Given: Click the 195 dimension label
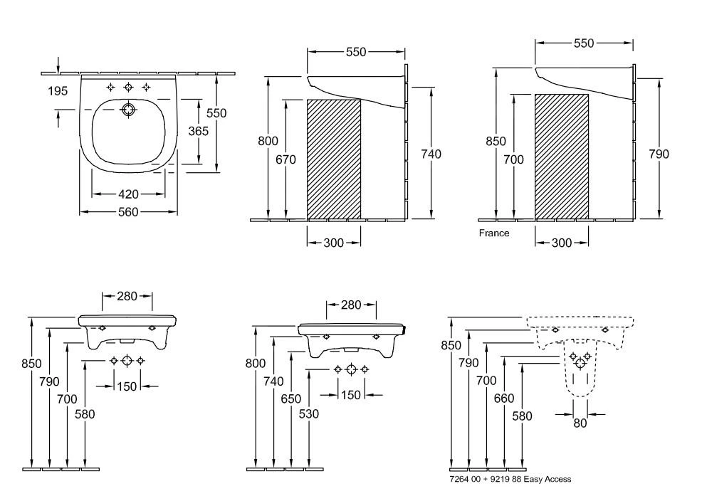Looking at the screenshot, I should [x=58, y=90].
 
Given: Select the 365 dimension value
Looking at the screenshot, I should [x=198, y=131].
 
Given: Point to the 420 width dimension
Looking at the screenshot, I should [x=128, y=194].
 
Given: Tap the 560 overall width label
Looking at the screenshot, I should [x=128, y=212].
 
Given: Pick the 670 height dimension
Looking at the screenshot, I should [x=285, y=160].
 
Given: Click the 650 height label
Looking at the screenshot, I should [x=291, y=399].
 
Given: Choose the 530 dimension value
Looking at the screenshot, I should [x=309, y=413].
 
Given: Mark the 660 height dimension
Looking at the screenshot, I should [x=504, y=399].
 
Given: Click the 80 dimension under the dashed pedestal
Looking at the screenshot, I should [x=581, y=423].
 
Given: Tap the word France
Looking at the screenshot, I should [x=493, y=233].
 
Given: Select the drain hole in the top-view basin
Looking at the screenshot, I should [x=129, y=110].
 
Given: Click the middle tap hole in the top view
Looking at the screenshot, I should [x=129, y=87].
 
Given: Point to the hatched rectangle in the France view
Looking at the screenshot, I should [x=562, y=156].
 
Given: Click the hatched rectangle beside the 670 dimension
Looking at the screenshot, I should [x=333, y=159].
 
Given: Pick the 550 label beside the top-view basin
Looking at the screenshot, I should [x=216, y=113].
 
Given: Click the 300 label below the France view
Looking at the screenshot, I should [x=562, y=243].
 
